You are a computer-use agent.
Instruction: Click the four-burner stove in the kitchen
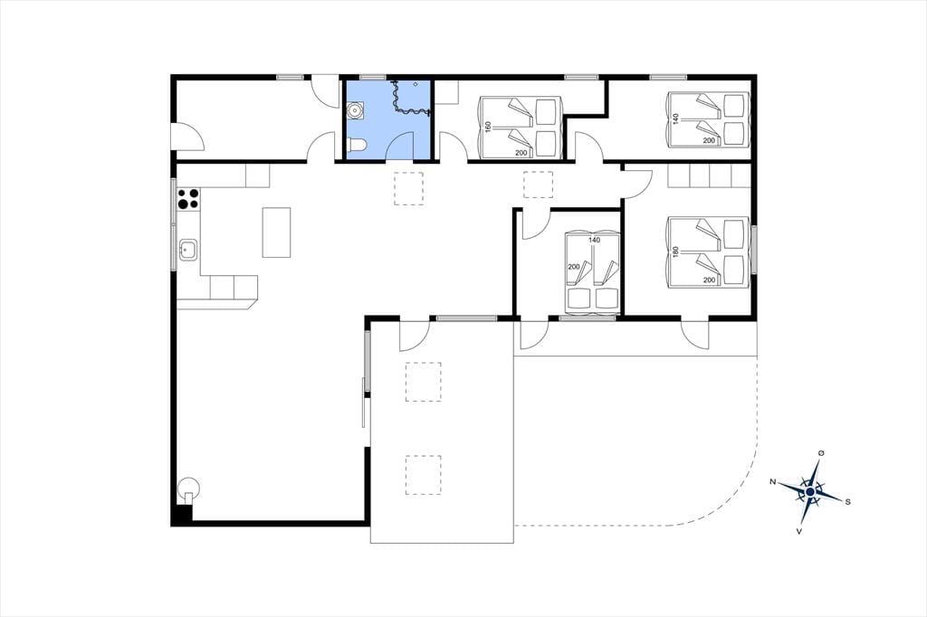(x=188, y=199)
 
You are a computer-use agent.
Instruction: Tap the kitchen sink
(x=188, y=250)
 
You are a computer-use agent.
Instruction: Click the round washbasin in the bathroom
(x=356, y=110)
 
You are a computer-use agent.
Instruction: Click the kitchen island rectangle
(x=277, y=233)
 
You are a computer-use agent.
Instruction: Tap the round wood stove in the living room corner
(x=188, y=489)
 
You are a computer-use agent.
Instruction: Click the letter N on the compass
(x=773, y=481)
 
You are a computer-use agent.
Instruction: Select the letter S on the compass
(x=847, y=502)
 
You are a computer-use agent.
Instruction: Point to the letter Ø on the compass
(x=820, y=452)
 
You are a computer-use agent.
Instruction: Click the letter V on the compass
(x=799, y=531)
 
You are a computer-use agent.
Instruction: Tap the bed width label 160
(x=488, y=127)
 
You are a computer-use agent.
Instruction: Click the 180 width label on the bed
(x=676, y=252)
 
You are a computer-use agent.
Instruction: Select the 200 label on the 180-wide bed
(x=710, y=280)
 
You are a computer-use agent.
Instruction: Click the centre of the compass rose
(x=810, y=491)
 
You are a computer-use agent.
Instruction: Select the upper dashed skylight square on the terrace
(x=424, y=382)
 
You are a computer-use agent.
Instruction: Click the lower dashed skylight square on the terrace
(x=424, y=475)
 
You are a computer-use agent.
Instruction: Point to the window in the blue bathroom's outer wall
(x=372, y=77)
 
